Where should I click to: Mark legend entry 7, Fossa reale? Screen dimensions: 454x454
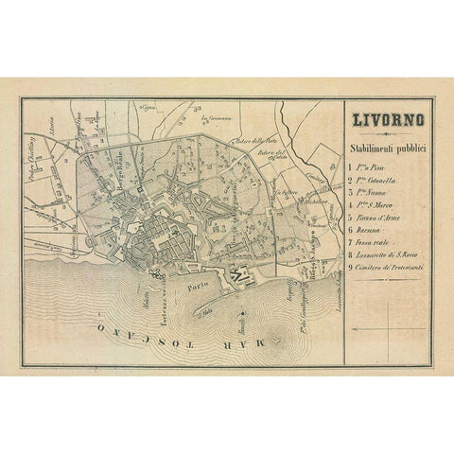pyautogui.click(x=368, y=253)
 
